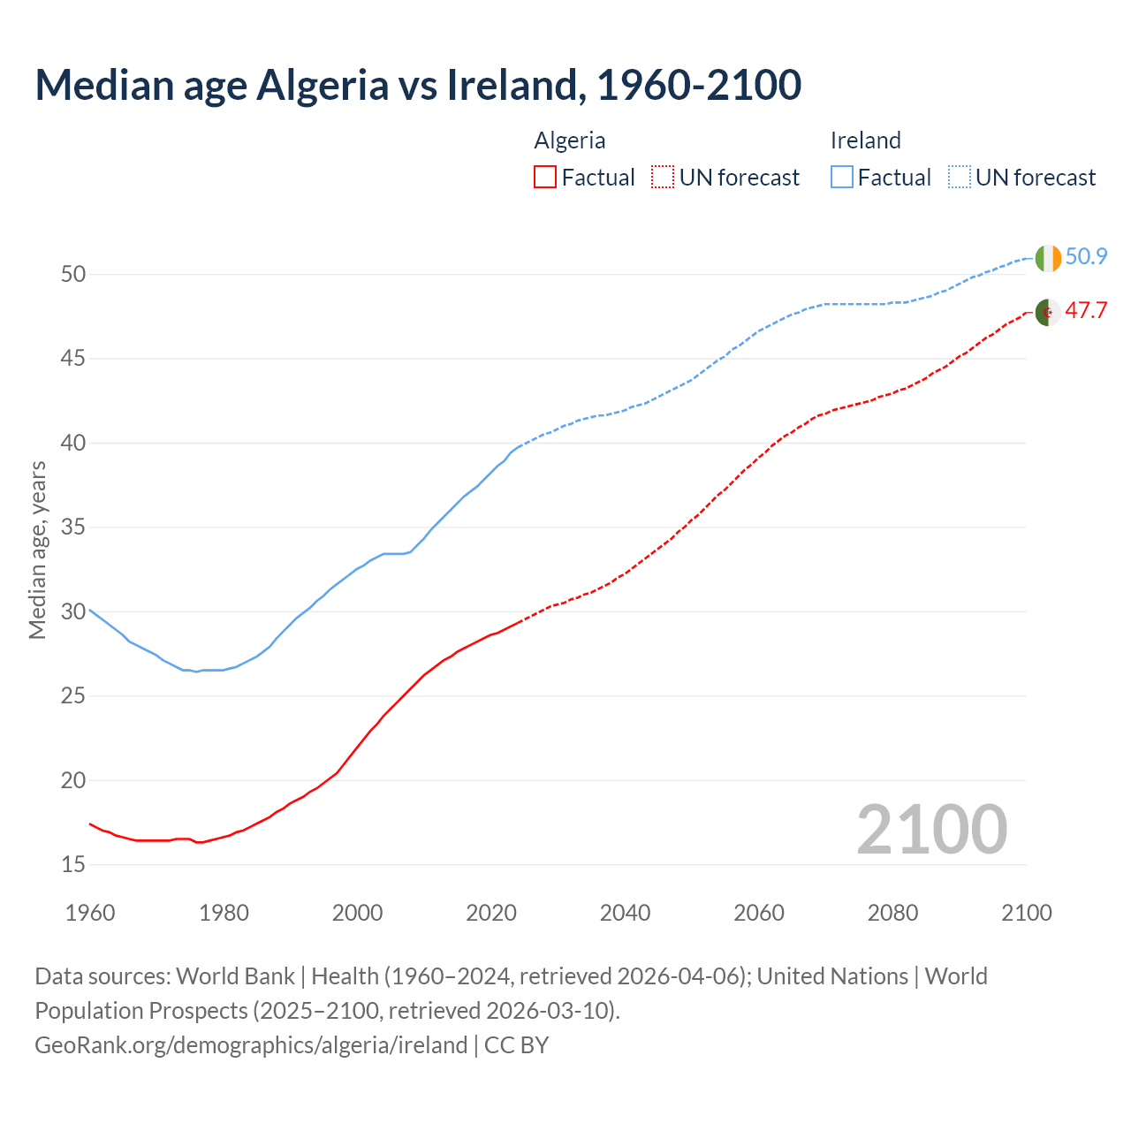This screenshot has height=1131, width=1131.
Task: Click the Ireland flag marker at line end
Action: point(1048,258)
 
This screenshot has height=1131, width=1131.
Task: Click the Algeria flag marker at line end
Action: point(1048,312)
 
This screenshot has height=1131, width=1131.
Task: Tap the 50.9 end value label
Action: point(1086,257)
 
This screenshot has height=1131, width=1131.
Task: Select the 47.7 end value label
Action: point(1086,311)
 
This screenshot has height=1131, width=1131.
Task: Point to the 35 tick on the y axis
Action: point(73,528)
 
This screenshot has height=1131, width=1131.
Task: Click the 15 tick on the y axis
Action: point(73,865)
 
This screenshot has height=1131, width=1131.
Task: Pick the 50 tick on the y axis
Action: point(73,275)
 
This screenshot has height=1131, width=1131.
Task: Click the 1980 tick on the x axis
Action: point(224,913)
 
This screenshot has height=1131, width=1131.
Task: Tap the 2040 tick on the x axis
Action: point(625,913)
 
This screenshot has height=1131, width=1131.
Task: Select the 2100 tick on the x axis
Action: point(1026,913)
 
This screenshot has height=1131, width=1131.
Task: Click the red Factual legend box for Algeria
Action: point(545,178)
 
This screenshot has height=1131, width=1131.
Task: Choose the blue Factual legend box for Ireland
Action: point(841,178)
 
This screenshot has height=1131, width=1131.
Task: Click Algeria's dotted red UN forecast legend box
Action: point(663,178)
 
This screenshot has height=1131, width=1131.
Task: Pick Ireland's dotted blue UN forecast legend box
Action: point(959,178)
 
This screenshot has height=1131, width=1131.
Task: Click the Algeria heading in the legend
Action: point(570,140)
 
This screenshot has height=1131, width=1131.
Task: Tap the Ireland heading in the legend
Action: point(865,140)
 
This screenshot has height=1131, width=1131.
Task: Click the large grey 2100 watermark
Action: point(931,830)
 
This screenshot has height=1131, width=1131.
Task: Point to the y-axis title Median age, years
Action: point(37,550)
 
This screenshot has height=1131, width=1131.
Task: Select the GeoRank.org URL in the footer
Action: point(251,1045)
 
